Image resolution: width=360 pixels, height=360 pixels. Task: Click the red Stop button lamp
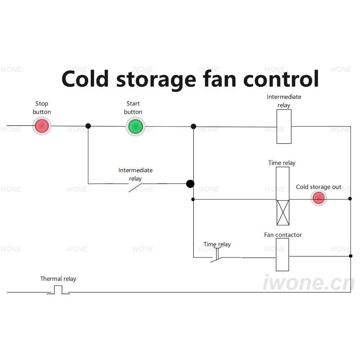click(42, 126)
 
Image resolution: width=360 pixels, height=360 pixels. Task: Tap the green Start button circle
click(135, 126)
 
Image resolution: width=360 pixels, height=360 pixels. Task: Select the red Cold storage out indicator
click(319, 198)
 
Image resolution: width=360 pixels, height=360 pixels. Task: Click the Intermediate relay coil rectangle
click(284, 126)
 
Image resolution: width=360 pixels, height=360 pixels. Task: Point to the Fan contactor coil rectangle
click(282, 255)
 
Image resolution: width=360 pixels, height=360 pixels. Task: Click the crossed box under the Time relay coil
click(283, 213)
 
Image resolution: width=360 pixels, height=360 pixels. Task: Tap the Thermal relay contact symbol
click(58, 290)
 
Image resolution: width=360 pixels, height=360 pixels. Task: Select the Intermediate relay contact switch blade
click(135, 188)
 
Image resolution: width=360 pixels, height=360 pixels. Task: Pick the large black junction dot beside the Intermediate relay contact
click(190, 184)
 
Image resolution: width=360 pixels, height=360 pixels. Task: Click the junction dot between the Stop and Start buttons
click(88, 126)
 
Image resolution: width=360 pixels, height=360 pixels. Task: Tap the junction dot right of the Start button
click(194, 126)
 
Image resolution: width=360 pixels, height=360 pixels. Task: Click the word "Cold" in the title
click(85, 79)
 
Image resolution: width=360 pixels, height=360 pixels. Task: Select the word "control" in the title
click(281, 79)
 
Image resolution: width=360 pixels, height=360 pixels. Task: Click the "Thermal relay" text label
click(58, 279)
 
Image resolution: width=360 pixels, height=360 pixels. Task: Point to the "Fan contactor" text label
click(283, 235)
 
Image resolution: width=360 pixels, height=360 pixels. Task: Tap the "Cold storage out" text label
click(319, 187)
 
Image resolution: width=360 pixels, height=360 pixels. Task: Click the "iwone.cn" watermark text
click(309, 282)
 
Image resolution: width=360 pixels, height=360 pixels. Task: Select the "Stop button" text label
click(42, 108)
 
